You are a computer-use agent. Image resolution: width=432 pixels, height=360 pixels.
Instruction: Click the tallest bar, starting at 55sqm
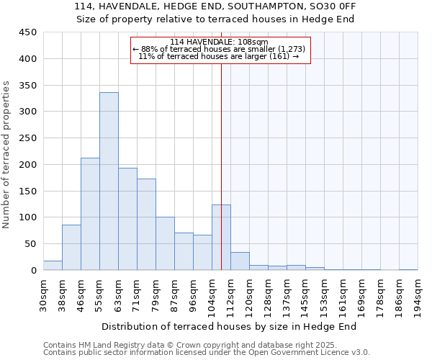click(x=109, y=181)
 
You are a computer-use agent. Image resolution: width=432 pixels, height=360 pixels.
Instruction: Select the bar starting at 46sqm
click(x=90, y=214)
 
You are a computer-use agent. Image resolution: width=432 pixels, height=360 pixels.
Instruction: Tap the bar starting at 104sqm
click(x=221, y=238)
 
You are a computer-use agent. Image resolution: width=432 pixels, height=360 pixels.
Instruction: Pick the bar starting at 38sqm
click(x=71, y=248)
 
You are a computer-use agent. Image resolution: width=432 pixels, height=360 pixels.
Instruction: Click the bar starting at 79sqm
click(x=165, y=243)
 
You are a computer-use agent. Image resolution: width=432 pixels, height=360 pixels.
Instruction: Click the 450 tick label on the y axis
click(x=28, y=32)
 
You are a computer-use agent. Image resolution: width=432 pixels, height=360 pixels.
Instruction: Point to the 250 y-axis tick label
click(x=28, y=138)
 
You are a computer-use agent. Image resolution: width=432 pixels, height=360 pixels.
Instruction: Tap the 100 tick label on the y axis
click(x=28, y=217)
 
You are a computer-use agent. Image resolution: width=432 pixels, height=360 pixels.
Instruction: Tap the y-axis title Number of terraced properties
click(x=6, y=155)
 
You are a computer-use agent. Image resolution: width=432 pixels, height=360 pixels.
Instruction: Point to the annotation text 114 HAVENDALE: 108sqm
click(x=220, y=42)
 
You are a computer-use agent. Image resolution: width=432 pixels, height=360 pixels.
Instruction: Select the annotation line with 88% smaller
click(x=220, y=49)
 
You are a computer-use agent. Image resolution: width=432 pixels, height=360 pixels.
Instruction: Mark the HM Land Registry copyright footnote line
click(x=185, y=345)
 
